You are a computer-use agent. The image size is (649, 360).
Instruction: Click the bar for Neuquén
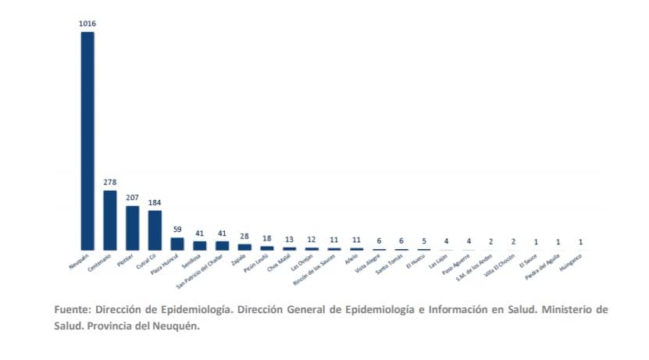pos(87,141)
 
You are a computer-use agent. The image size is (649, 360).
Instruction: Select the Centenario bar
pos(110,220)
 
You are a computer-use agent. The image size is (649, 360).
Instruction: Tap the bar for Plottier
pos(133,227)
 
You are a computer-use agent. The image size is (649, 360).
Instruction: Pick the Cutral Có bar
pos(155,230)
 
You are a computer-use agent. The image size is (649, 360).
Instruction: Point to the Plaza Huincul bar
pos(177,244)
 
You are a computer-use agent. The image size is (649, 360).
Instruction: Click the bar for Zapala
pos(244,247)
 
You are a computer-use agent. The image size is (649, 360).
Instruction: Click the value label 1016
pos(87,24)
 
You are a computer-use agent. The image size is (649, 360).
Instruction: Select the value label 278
pos(110,183)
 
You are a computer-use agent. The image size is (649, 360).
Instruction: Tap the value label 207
pos(133,198)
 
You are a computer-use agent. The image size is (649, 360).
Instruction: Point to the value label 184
pos(155,202)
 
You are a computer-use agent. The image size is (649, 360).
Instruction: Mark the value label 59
pos(177,230)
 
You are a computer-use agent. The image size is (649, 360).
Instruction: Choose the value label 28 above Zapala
pos(244,236)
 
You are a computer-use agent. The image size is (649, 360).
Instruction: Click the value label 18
pos(267,238)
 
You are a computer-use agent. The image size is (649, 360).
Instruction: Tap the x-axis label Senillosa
pos(192,259)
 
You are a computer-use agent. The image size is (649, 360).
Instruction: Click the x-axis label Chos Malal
pos(280,260)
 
